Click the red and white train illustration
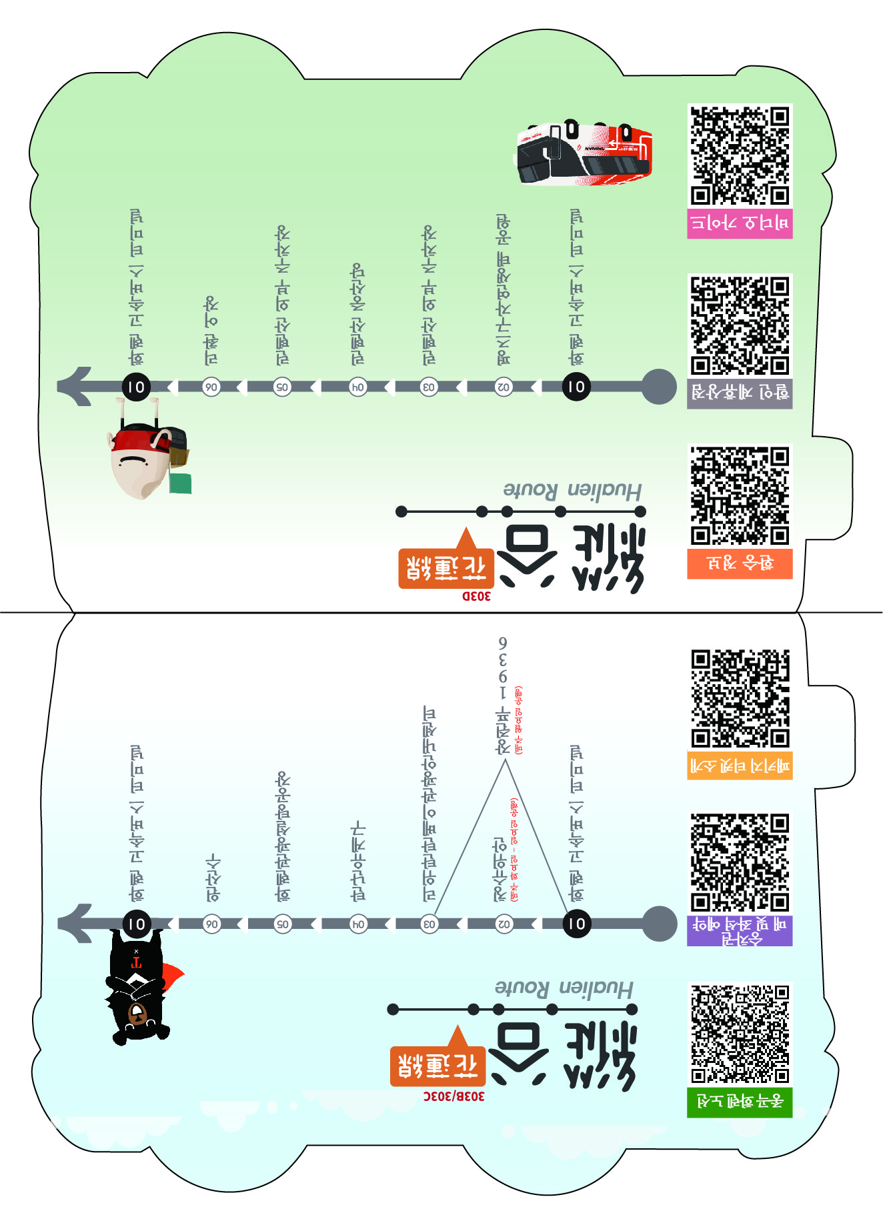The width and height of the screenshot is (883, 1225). (584, 153)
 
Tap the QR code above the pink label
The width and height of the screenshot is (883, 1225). (740, 155)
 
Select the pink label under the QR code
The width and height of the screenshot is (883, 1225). (740, 223)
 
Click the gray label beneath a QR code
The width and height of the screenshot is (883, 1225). (740, 393)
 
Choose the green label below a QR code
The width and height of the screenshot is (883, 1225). (740, 1102)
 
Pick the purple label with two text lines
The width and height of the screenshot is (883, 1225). (740, 931)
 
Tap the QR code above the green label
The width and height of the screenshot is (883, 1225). (740, 1033)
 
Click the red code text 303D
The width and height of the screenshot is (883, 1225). (476, 596)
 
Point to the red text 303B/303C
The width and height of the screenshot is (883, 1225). (454, 1096)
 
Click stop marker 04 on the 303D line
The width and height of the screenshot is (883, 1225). (358, 387)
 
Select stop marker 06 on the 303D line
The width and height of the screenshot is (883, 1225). (211, 387)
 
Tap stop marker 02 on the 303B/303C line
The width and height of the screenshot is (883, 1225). (504, 924)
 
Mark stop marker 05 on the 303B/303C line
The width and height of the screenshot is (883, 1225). (283, 924)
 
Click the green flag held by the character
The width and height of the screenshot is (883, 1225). (180, 483)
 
